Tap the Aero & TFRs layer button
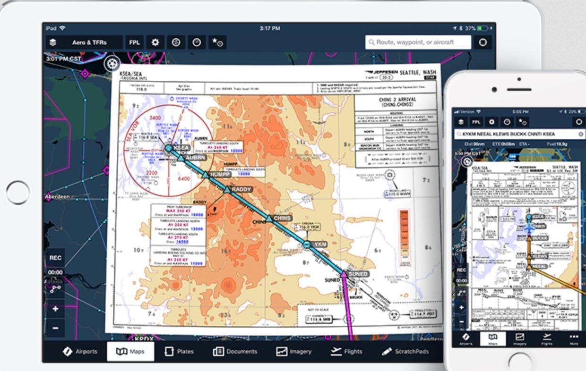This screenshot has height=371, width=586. pyautogui.click(x=84, y=42)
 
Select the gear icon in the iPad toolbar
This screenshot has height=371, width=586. pyautogui.click(x=155, y=42)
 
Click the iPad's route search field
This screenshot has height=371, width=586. pyautogui.click(x=418, y=42)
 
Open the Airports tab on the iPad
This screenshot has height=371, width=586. pyautogui.click(x=80, y=352)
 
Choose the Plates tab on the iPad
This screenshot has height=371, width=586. pyautogui.click(x=179, y=352)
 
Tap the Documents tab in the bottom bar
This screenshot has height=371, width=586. pyautogui.click(x=235, y=352)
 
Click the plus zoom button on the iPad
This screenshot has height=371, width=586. pyautogui.click(x=55, y=309)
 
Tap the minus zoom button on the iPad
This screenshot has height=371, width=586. pyautogui.click(x=55, y=328)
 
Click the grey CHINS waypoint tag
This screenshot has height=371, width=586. pyautogui.click(x=282, y=218)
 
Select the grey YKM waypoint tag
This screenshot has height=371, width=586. pyautogui.click(x=320, y=245)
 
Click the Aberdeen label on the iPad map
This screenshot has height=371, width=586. pyautogui.click(x=58, y=196)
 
